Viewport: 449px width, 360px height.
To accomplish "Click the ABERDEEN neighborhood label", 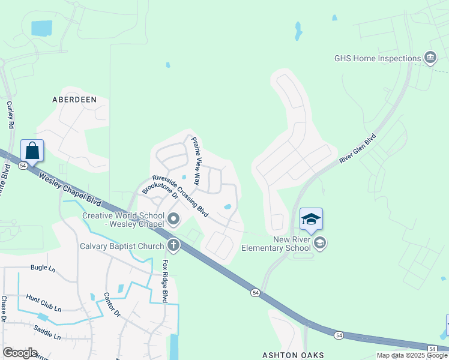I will [74, 100].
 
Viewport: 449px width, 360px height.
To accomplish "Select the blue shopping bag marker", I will [32, 151].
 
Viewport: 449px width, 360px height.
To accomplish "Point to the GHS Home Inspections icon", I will [430, 58].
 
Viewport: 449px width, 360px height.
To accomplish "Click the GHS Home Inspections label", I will [378, 59].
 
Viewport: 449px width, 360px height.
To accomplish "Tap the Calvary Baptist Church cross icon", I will [173, 245].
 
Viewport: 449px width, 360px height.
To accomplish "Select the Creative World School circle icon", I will [173, 219].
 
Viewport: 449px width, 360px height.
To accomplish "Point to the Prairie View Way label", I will [195, 160].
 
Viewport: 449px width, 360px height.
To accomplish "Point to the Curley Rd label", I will [10, 115].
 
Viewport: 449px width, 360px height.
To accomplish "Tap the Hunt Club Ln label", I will [43, 303].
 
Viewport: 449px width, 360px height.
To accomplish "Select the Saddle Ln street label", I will [47, 332].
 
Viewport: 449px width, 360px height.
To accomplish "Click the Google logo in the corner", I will [20, 353].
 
